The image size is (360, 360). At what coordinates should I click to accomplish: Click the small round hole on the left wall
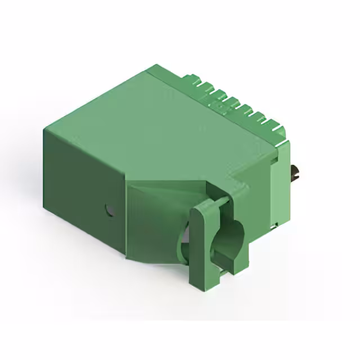(x=109, y=211)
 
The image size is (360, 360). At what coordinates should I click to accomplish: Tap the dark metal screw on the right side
(x=295, y=173)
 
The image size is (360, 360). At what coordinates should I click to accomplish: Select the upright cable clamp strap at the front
(x=205, y=242)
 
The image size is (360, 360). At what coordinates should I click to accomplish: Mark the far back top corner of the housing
(x=155, y=67)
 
